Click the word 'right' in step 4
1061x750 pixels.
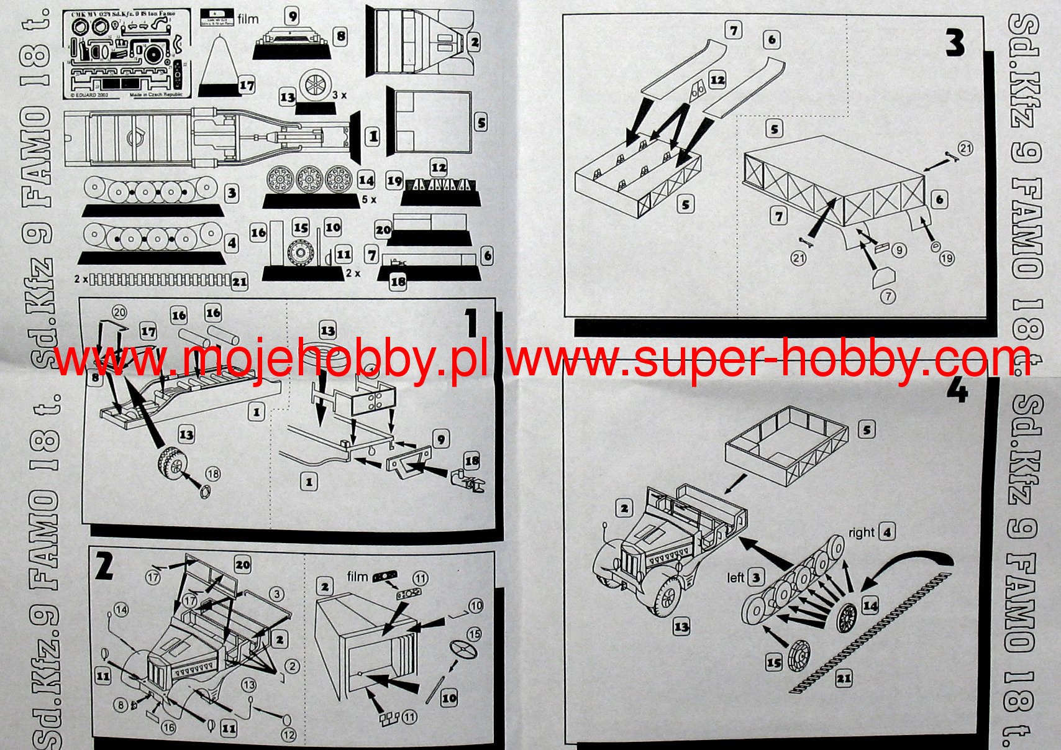click(861, 533)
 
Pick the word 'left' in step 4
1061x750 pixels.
click(735, 578)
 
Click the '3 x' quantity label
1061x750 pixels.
click(339, 96)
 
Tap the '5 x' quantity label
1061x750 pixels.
click(369, 199)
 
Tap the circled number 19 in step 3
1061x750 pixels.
click(946, 258)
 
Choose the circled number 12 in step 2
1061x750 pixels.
click(289, 734)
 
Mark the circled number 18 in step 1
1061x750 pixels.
click(212, 474)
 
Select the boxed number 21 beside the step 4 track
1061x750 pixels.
click(843, 678)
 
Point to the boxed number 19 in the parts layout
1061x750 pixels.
click(394, 181)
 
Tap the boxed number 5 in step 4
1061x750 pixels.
click(867, 429)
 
